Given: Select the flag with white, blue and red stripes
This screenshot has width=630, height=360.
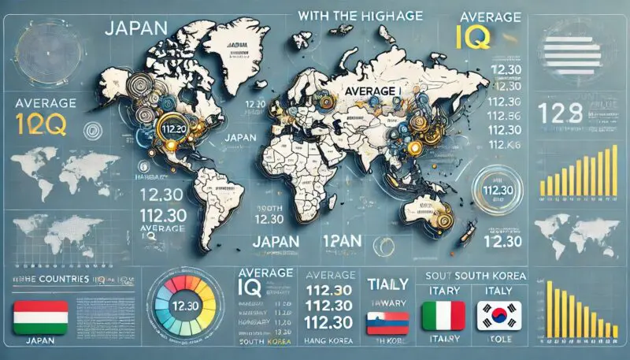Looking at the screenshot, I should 387,322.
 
